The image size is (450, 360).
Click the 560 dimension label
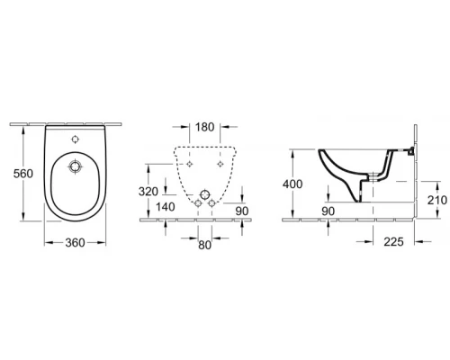click(23, 174)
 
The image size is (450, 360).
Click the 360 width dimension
click(75, 243)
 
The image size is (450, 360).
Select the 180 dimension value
click(204, 127)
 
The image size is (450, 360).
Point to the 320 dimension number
click(148, 192)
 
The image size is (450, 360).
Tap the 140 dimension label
click(166, 207)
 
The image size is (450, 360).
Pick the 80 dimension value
click(204, 245)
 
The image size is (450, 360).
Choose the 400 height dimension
click(292, 184)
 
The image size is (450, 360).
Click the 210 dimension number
click(437, 200)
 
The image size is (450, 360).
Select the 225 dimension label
click(393, 241)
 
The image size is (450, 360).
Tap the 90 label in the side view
click(328, 211)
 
